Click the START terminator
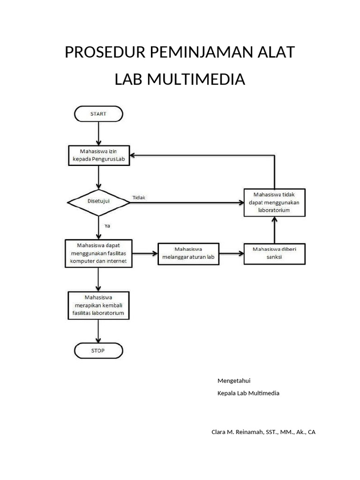click(x=98, y=114)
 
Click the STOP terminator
click(x=98, y=350)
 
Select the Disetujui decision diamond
click(x=99, y=202)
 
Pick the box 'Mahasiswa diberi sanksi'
click(x=274, y=254)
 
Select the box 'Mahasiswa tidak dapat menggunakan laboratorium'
click(x=274, y=202)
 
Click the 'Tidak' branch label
click(x=139, y=197)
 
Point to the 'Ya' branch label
click(x=107, y=225)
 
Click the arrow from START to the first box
click(x=98, y=134)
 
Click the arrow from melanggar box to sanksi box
click(x=232, y=254)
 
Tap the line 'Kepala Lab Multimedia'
click(x=248, y=393)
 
